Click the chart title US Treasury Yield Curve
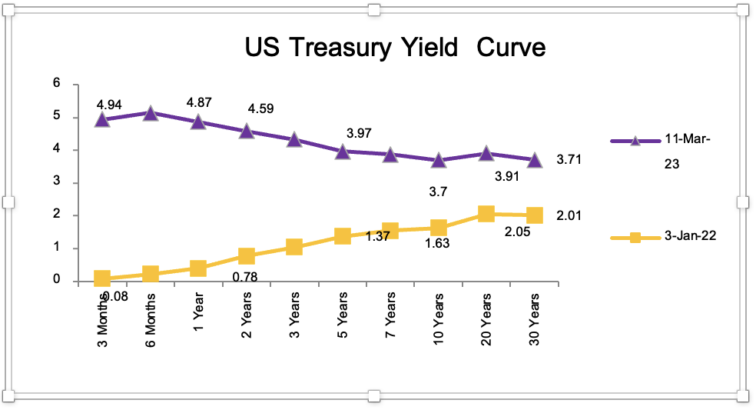tap(395, 48)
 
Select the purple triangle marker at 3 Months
tap(102, 119)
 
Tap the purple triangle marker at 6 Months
tap(151, 113)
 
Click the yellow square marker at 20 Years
tap(486, 214)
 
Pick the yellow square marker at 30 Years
tap(535, 215)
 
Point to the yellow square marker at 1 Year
tap(198, 268)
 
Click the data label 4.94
tap(110, 104)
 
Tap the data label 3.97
tap(359, 133)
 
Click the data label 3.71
tap(569, 160)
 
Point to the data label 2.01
tap(569, 216)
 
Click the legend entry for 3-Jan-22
tap(691, 237)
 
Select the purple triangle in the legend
tap(635, 141)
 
